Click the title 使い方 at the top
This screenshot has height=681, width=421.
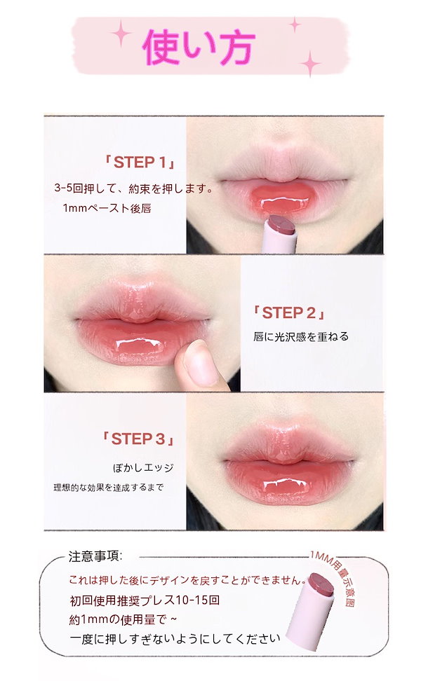199,46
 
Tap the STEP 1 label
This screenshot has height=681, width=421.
140,163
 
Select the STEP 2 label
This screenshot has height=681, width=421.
289,312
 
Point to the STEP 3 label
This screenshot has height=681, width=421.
138,439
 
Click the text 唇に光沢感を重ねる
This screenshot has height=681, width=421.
301,336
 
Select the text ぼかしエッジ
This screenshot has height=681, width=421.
143,468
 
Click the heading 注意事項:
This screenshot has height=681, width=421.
95,556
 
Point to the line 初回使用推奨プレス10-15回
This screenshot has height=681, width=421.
145,600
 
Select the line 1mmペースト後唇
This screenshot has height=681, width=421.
107,209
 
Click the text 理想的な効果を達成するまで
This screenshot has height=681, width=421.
108,488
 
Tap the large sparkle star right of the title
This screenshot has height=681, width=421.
310,64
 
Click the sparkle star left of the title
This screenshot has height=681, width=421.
121,34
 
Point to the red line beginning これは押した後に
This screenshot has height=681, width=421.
187,580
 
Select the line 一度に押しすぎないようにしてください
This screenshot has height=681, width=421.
175,639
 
